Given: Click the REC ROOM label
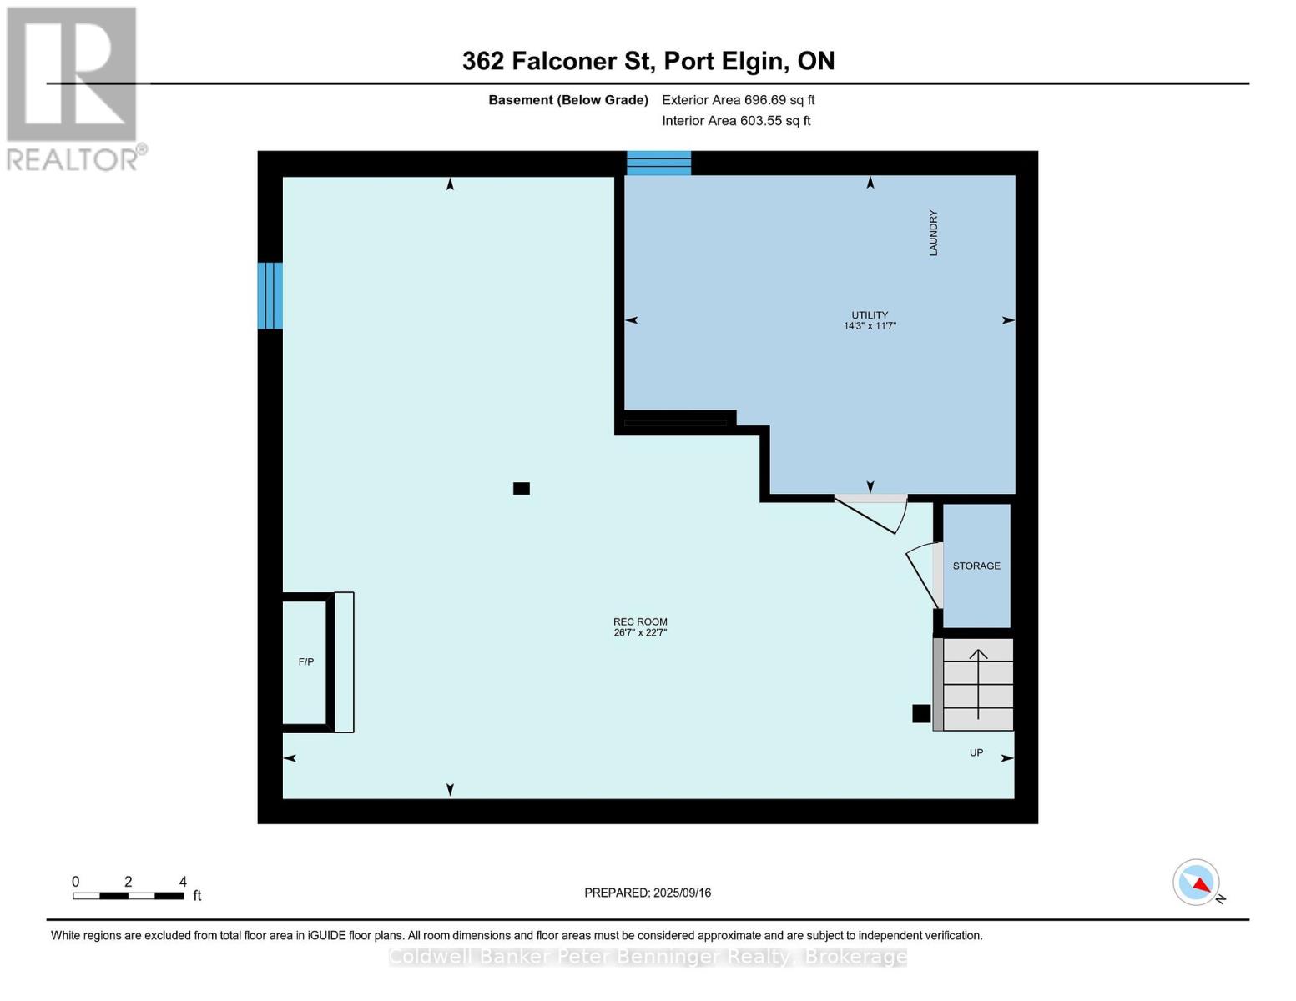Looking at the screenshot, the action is (640, 621).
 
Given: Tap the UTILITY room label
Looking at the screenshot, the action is (870, 314).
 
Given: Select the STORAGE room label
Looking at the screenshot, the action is (976, 566).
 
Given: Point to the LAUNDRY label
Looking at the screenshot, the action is (933, 233).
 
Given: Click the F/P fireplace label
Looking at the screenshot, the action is (306, 661).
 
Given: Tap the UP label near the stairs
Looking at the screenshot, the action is (976, 753).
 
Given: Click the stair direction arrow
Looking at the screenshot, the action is (978, 684).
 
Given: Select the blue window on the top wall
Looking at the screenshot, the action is (658, 163).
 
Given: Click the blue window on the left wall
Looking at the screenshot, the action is (270, 295).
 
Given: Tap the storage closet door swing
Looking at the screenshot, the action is (923, 576).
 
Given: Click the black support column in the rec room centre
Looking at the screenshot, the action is (522, 488).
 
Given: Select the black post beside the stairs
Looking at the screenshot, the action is (921, 714).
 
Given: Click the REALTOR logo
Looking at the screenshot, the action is (75, 89).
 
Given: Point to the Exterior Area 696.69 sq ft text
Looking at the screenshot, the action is (739, 100).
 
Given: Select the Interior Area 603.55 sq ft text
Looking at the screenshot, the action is (736, 121).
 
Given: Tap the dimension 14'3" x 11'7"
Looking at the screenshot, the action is (870, 325).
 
